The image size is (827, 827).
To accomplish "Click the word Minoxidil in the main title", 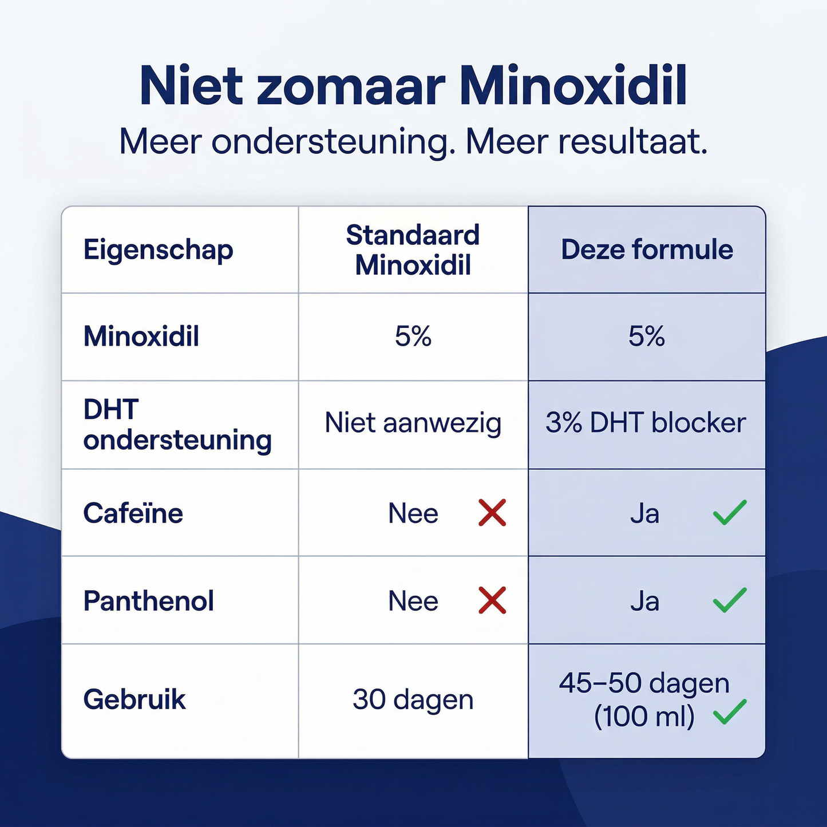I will point(573,86).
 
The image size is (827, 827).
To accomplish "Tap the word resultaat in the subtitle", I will point(632,141).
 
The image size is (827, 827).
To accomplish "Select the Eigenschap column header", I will point(159,250).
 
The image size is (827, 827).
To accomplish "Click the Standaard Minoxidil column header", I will point(413,250).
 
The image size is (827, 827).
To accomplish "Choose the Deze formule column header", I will point(647,250).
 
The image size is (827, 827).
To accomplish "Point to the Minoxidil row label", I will point(141,336).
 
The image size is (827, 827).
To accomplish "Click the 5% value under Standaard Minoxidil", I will point(413,336).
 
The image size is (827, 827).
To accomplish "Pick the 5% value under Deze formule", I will point(647,336).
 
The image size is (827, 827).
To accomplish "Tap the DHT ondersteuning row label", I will point(177,425).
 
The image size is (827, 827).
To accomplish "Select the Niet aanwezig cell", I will point(413,423).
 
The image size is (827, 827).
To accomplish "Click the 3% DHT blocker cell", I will point(646,423).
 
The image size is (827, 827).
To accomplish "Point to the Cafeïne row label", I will point(133,513).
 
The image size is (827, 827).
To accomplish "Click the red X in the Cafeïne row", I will point(492,512).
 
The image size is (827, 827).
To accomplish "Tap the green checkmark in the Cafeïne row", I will point(730,512).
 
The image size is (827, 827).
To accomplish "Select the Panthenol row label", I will point(149,601).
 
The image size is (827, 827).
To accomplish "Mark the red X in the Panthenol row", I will point(492,600).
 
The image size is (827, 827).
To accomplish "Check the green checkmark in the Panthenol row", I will point(730,600).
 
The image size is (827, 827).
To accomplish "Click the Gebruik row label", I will point(134,699).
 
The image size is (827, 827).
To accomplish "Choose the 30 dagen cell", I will point(413,699).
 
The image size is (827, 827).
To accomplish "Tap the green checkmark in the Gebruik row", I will point(730,712).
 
